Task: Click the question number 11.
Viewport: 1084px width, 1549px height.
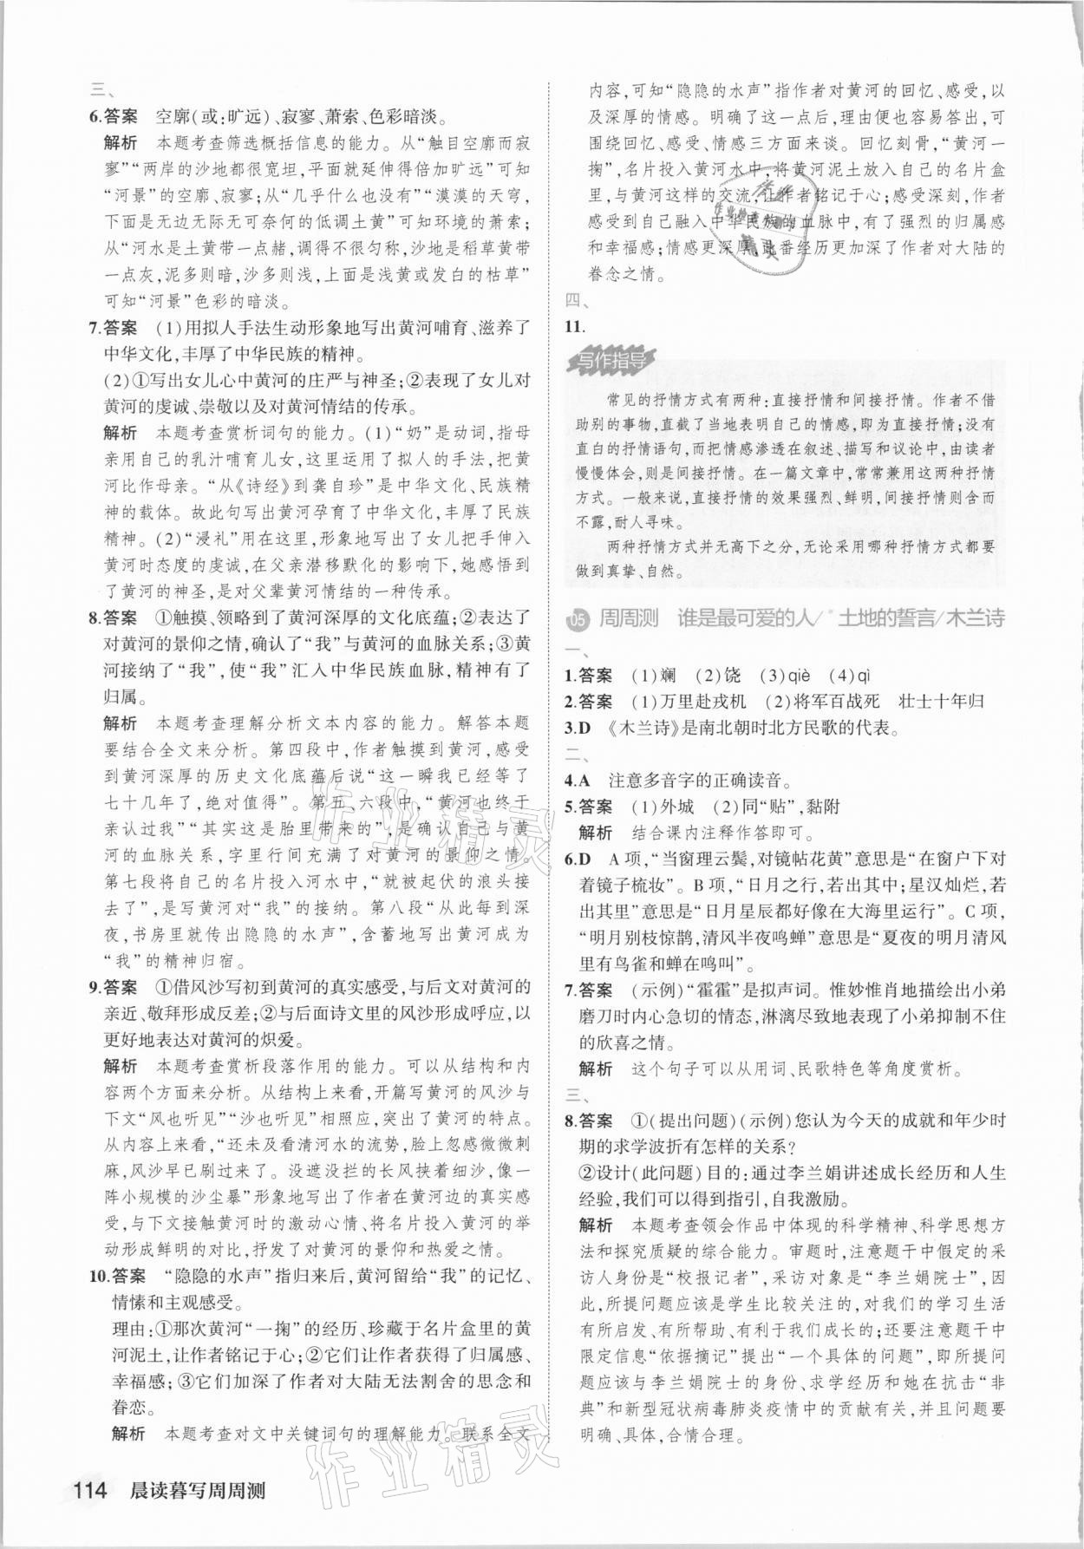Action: [x=575, y=327]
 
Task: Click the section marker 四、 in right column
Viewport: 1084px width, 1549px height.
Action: [x=577, y=302]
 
